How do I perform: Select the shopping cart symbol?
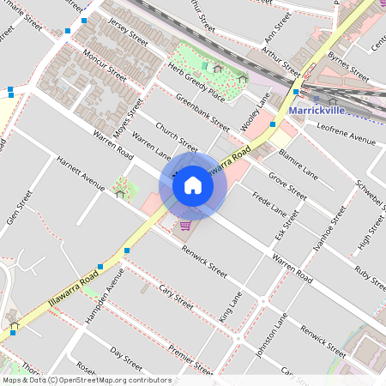pos(185,226)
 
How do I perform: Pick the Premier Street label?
pos(190,359)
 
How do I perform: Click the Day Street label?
pos(126,358)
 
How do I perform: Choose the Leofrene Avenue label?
pos(347,136)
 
